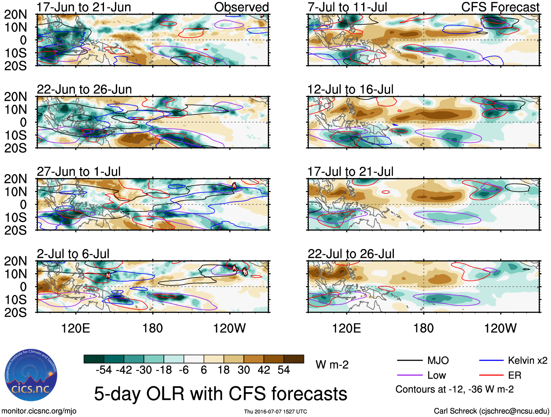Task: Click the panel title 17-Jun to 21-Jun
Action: coord(84,7)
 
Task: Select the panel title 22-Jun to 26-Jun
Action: coord(84,89)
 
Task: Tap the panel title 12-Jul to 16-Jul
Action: coord(350,89)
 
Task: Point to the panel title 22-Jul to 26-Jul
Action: coord(351,254)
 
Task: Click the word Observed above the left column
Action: coord(241,7)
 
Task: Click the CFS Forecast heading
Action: coord(500,7)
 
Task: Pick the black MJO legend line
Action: coord(409,361)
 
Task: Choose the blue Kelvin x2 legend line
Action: coord(491,361)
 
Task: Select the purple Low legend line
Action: coord(409,375)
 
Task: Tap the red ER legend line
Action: coord(491,375)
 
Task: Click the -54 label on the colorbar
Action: coord(104,370)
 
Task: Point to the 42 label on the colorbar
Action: coord(264,370)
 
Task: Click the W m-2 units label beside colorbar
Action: coord(332,365)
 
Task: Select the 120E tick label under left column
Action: coord(76,328)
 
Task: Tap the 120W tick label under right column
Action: coord(500,328)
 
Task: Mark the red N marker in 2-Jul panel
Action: coord(108,275)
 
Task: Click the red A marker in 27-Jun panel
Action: coord(234,186)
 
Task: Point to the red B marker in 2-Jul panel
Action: coord(245,272)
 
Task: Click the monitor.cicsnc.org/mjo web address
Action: coord(39,411)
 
